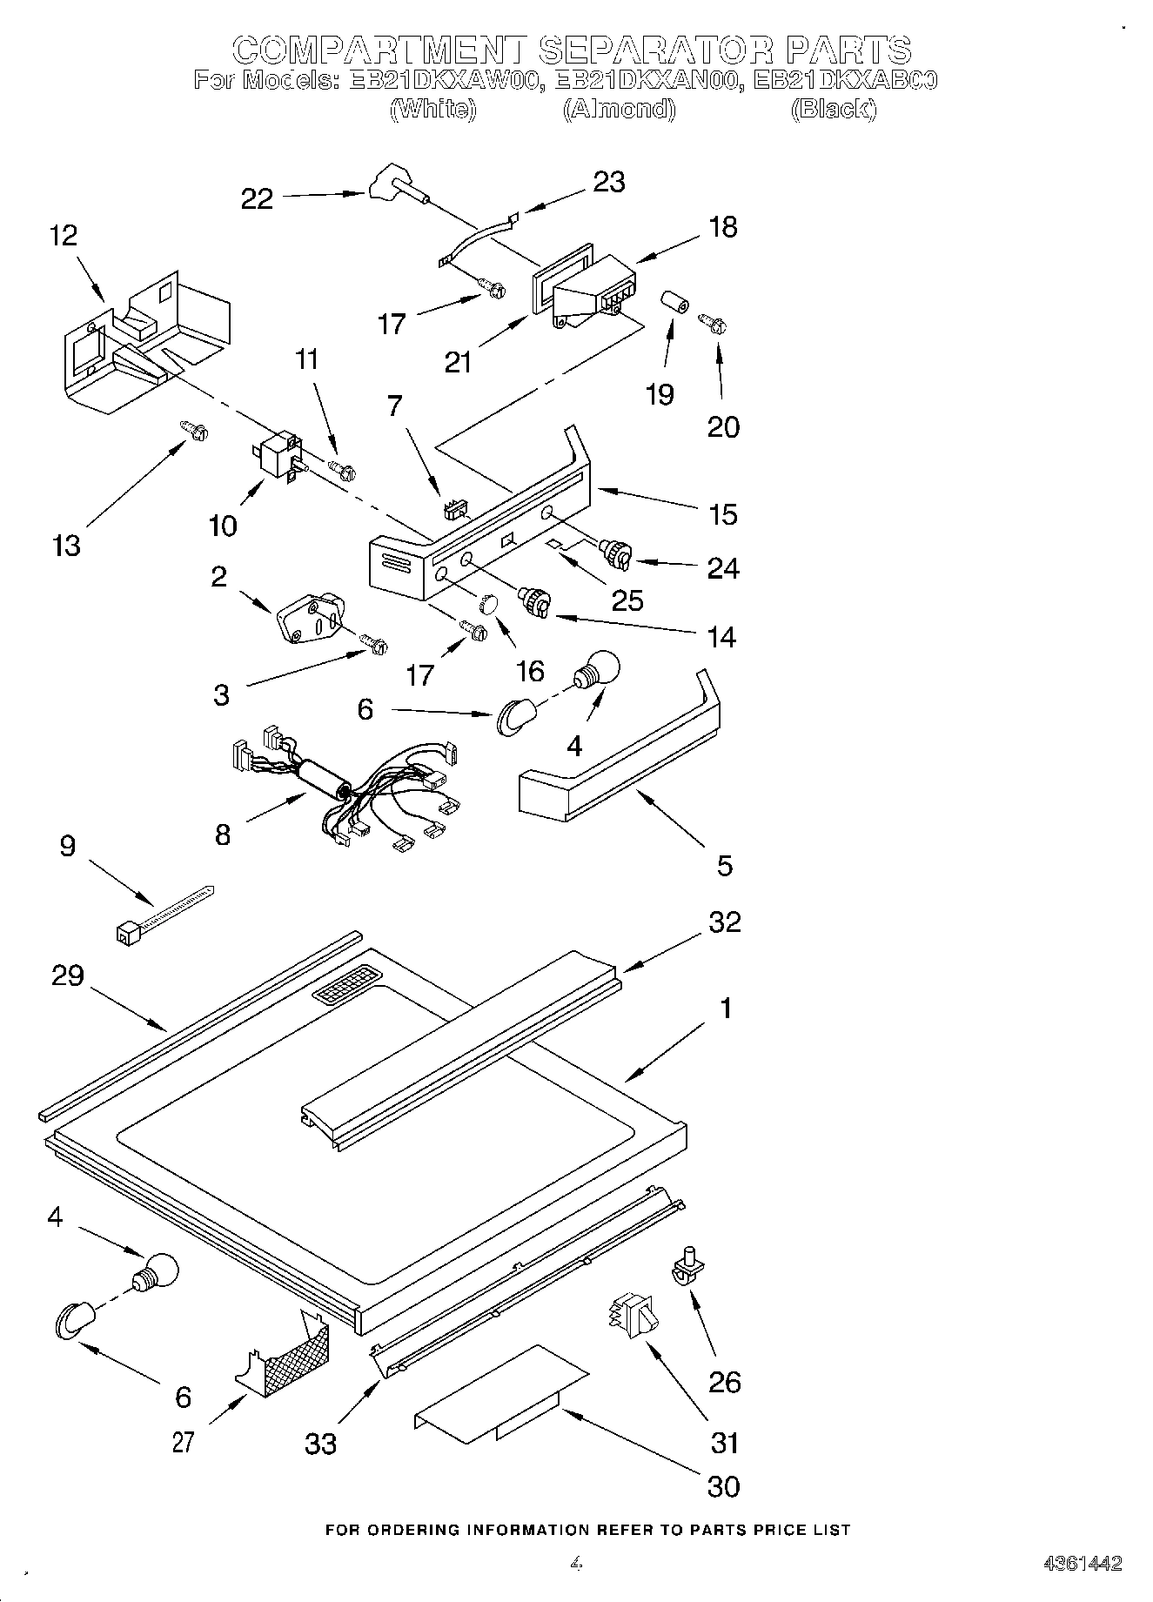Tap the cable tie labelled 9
pos(164,911)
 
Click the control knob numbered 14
pos(533,602)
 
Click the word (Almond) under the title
pos(619,109)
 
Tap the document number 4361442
pos(1083,1563)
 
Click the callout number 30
pos(723,1485)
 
